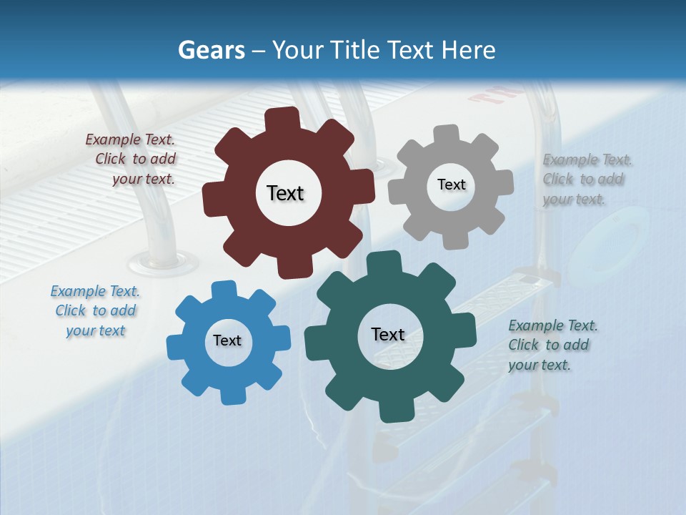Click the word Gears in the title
click(x=209, y=50)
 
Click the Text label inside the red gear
click(x=285, y=193)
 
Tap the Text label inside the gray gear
click(x=451, y=185)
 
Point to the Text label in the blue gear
click(x=227, y=340)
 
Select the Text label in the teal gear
click(x=388, y=334)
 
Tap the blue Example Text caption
click(x=96, y=310)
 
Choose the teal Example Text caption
click(x=550, y=345)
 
